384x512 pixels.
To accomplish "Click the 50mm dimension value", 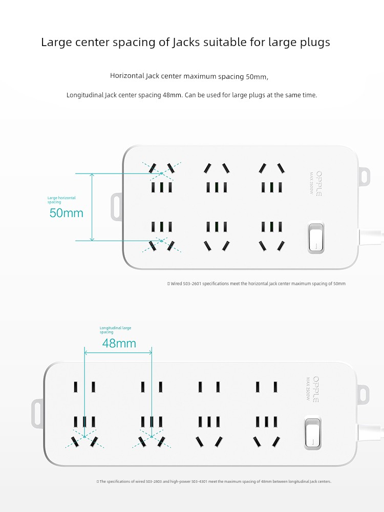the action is [x=66, y=213].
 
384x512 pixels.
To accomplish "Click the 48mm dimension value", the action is [x=119, y=343].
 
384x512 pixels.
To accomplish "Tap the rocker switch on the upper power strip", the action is [x=316, y=238].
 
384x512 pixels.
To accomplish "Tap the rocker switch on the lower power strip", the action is [x=312, y=433].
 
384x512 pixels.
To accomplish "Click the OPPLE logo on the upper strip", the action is [x=319, y=183].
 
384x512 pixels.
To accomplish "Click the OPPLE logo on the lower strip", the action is [x=316, y=389].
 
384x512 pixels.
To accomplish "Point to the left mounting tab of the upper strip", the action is [x=117, y=207].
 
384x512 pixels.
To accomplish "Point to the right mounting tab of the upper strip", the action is [x=364, y=177].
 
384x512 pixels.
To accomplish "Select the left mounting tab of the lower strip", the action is [x=37, y=413].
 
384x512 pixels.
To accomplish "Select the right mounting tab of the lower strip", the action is [x=363, y=394].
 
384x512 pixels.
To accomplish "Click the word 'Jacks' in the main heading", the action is [x=186, y=42].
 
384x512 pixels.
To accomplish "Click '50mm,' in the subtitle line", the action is [x=257, y=77].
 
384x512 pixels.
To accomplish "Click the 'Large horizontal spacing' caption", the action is [x=61, y=200].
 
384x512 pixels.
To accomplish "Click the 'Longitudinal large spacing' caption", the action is [x=115, y=330].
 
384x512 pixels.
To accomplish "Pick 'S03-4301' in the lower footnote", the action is [x=199, y=481].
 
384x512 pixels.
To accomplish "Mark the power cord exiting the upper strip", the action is [x=371, y=237].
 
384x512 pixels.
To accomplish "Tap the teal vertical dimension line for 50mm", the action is [x=92, y=207].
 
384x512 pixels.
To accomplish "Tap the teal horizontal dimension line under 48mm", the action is [x=118, y=352].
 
